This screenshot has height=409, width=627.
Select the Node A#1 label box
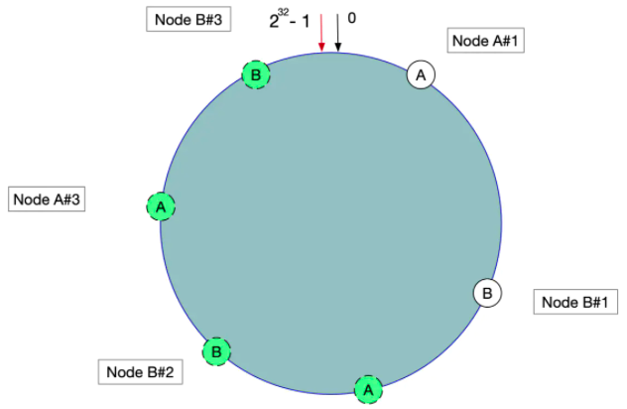coord(486,40)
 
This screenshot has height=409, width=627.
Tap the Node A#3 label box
coord(46,199)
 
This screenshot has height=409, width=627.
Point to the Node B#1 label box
coord(578,302)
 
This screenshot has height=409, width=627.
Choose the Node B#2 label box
coord(140,372)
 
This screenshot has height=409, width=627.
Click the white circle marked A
coord(420,75)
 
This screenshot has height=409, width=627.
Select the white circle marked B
coord(487,293)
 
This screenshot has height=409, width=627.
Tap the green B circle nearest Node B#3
coord(256,74)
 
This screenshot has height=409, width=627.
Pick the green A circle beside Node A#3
coord(161,206)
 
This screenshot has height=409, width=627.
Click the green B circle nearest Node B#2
coord(216,350)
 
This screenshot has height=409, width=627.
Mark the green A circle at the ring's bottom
coord(368,388)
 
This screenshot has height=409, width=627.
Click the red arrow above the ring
coord(321,33)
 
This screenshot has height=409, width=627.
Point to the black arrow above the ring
coord(337,33)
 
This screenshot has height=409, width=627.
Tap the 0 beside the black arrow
coord(352,18)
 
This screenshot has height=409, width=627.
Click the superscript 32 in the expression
coord(283,13)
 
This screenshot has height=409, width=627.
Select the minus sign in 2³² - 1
coord(296,20)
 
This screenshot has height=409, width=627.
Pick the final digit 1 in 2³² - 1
coord(306,20)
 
